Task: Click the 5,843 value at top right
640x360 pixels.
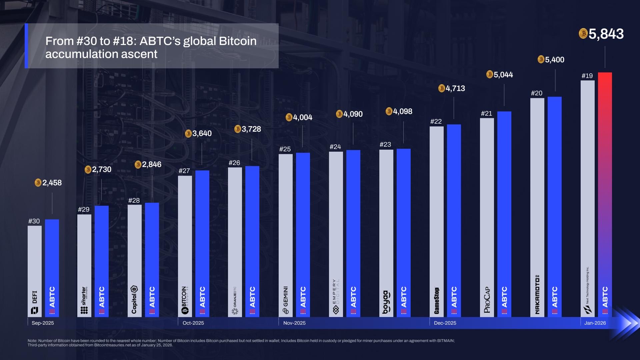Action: (x=606, y=34)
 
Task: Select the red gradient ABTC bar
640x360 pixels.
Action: (x=605, y=193)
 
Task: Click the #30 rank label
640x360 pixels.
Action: (x=34, y=221)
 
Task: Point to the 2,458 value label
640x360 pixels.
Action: (x=52, y=183)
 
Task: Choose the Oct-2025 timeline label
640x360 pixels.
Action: (x=193, y=323)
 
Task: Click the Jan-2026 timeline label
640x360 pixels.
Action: (x=595, y=323)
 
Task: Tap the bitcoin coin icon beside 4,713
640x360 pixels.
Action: (x=442, y=88)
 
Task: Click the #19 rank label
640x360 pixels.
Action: (x=587, y=76)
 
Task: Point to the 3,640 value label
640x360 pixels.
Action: (x=202, y=133)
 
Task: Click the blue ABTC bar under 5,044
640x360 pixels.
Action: (x=504, y=213)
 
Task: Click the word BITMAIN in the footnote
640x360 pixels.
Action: (x=446, y=341)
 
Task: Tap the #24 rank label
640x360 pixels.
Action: (x=335, y=147)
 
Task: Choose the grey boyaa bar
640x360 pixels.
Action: (x=386, y=233)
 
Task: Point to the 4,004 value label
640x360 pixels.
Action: (x=303, y=117)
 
